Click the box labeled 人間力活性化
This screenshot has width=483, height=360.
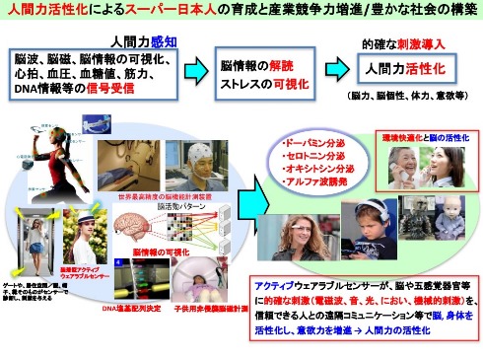point(391,71)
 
